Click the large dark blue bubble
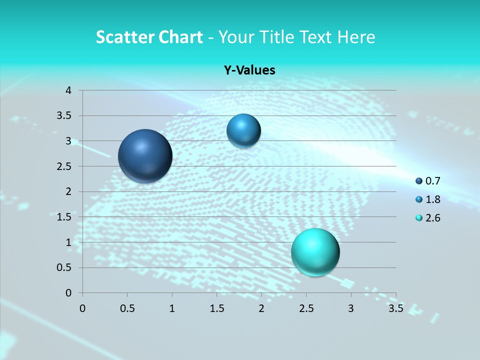(x=145, y=156)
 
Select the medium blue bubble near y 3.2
(x=243, y=130)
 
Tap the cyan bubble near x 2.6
(x=315, y=252)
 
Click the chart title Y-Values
(x=249, y=70)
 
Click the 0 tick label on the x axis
(x=82, y=308)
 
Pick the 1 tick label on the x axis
(x=172, y=308)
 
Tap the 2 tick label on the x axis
(x=261, y=308)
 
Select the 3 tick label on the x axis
(x=351, y=308)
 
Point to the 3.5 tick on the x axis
(x=395, y=308)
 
